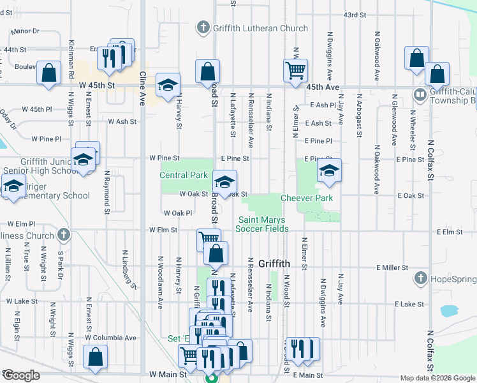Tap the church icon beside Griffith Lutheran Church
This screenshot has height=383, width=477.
203,27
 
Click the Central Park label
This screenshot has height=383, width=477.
184,175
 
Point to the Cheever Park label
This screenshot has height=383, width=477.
307,198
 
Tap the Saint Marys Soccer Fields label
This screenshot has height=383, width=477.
262,224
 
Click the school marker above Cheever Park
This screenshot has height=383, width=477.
329,170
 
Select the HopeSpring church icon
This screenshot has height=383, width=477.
420,278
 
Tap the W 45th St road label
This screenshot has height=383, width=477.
97,84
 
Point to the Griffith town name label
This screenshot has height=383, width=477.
275,264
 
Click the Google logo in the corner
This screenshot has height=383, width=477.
21,375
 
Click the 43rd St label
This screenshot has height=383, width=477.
355,14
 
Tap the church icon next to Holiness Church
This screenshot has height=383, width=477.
62,235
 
